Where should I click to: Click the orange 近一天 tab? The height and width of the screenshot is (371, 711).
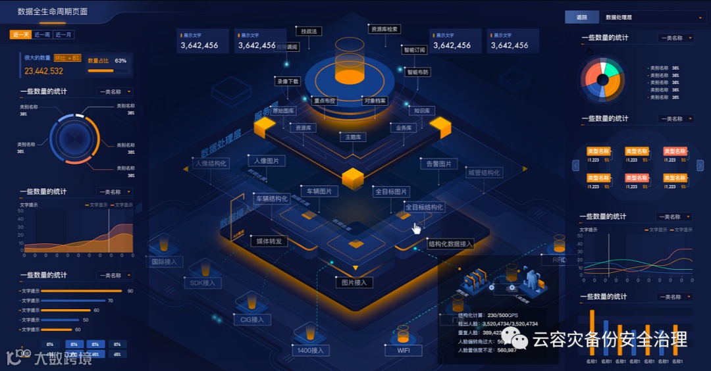click(21, 35)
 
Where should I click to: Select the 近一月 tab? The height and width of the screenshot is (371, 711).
click(64, 35)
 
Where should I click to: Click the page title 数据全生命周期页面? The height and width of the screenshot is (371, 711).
click(53, 12)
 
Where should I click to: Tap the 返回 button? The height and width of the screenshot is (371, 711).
click(581, 18)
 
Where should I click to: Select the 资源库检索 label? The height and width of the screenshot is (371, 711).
click(384, 29)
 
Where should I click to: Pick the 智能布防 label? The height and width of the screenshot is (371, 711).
click(417, 72)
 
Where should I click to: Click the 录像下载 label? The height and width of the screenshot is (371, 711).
click(288, 82)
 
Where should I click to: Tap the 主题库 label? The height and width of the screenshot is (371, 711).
click(352, 137)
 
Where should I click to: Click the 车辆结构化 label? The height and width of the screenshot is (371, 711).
click(272, 199)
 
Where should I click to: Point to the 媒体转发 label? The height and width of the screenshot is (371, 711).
click(269, 241)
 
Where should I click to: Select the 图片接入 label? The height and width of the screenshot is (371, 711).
click(354, 283)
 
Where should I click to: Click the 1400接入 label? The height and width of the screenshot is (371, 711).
click(311, 351)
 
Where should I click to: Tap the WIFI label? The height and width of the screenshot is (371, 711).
click(404, 351)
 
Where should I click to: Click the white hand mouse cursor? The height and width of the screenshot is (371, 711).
click(416, 228)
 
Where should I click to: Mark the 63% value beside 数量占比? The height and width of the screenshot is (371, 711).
click(120, 61)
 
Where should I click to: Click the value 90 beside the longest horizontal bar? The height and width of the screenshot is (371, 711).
click(130, 291)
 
